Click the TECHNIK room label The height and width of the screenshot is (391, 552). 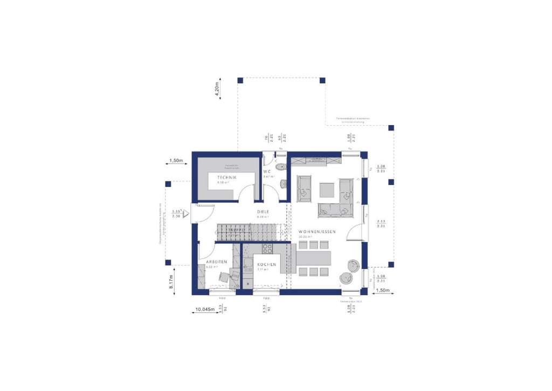click(x=227, y=177)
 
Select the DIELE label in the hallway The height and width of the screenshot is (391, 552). click(x=263, y=212)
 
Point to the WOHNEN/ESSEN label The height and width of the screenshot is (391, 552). click(x=317, y=231)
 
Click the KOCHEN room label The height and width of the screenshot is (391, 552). click(x=266, y=264)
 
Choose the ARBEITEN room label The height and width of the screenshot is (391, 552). click(x=216, y=262)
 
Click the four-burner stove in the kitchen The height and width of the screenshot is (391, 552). click(x=267, y=249)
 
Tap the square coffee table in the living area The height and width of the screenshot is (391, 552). click(x=327, y=190)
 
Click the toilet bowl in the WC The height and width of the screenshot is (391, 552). click(x=283, y=185)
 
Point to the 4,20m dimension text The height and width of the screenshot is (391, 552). click(x=217, y=90)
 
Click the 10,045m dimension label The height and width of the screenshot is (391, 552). click(x=204, y=310)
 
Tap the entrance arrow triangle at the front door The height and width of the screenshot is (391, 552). click(x=185, y=214)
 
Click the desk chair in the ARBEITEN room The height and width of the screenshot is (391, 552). click(x=224, y=276)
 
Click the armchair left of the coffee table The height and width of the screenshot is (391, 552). click(x=303, y=190)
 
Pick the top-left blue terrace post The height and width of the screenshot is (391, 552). click(x=240, y=80)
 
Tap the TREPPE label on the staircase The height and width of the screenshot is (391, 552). click(x=236, y=230)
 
